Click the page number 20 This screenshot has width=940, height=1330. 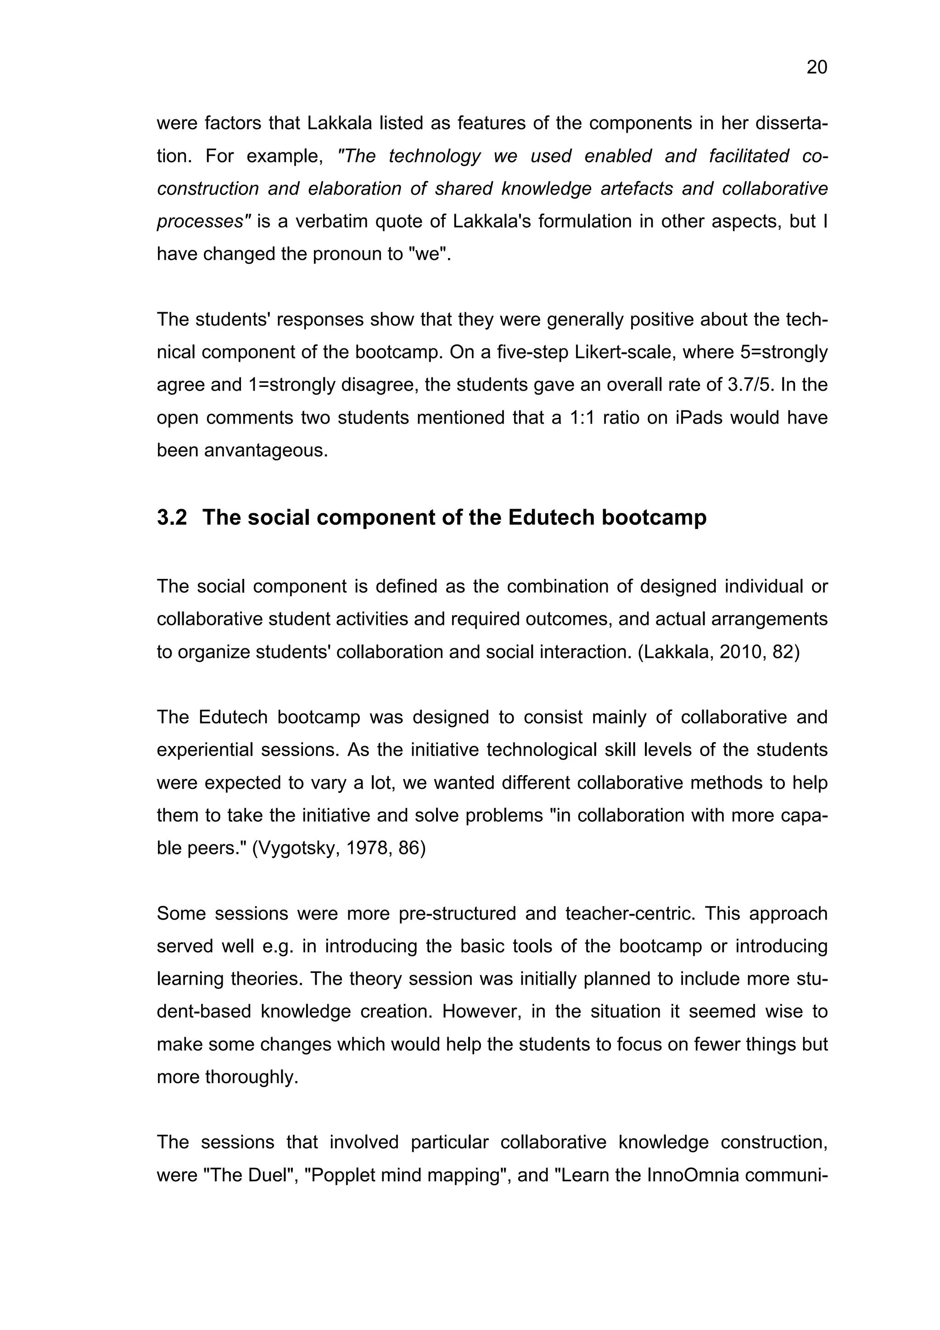(817, 68)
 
